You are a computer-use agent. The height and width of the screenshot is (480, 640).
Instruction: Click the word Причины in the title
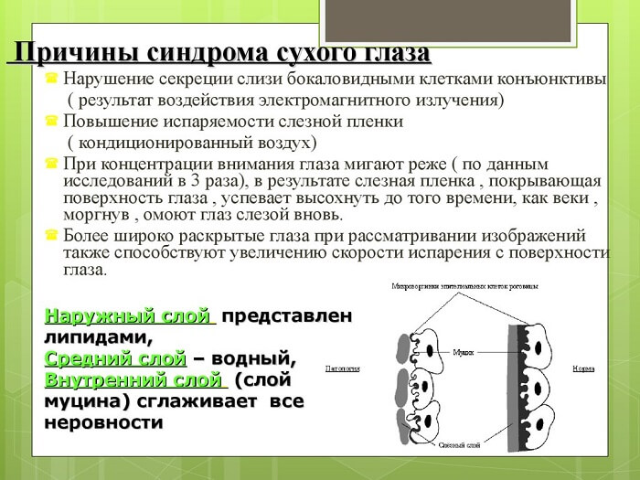68,52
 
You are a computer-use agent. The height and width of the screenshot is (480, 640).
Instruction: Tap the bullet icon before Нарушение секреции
52,80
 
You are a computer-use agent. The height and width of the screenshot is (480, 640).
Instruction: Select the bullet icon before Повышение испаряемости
52,122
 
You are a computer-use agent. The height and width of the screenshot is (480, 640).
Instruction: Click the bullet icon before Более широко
52,236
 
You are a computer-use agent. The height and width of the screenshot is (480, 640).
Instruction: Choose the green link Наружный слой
128,316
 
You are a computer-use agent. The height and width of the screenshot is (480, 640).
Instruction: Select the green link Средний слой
115,357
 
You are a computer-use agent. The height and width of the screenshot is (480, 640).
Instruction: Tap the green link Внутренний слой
133,378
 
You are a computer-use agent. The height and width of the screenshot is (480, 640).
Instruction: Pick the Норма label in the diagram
583,369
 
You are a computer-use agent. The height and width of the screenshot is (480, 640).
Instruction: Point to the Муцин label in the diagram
464,350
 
